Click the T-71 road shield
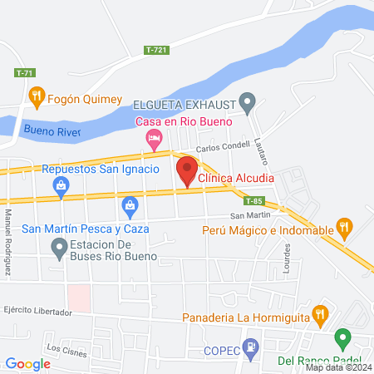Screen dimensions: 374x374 tap(26, 73)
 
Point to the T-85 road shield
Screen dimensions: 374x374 tap(254, 201)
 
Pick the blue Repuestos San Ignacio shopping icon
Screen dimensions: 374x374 tap(62, 189)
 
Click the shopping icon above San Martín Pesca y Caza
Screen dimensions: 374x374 tap(130, 204)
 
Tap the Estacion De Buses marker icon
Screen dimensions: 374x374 tap(59, 247)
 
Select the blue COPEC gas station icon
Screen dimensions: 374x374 tap(249, 347)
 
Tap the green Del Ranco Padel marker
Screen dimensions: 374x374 tap(342, 338)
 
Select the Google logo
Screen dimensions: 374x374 tap(27, 363)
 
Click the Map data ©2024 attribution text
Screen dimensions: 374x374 tap(338, 367)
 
